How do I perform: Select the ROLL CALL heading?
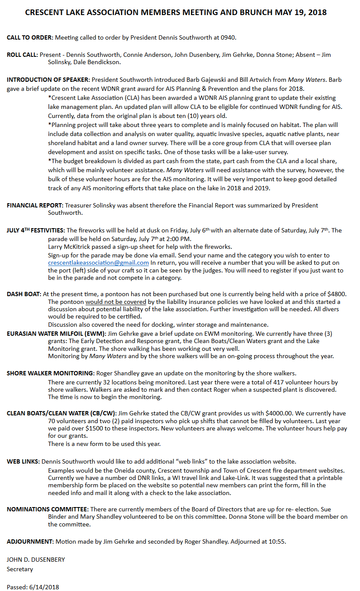pyautogui.click(x=22, y=55)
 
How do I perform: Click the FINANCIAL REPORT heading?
pyautogui.click(x=35, y=205)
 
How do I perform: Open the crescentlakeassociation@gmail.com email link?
pyautogui.click(x=98, y=263)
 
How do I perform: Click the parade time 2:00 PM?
pyautogui.click(x=178, y=239)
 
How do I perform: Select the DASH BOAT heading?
pyautogui.click(x=24, y=294)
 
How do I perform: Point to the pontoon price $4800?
pyautogui.click(x=337, y=294)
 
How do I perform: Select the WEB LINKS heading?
pyautogui.click(x=23, y=461)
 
